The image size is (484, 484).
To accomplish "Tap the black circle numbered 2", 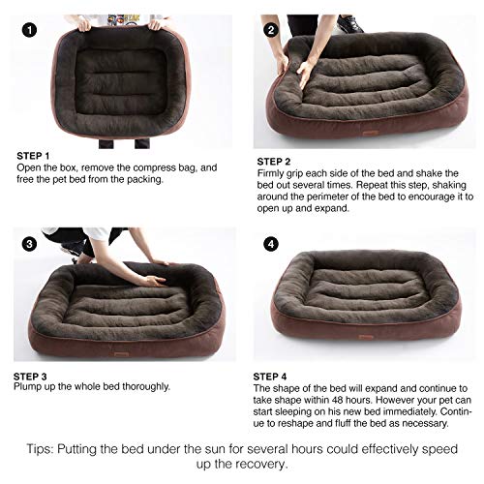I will click(x=272, y=29).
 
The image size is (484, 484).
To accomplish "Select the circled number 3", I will click(x=30, y=244).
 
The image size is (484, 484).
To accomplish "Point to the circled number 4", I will click(x=272, y=244).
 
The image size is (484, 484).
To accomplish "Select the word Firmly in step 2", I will click(x=280, y=174).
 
